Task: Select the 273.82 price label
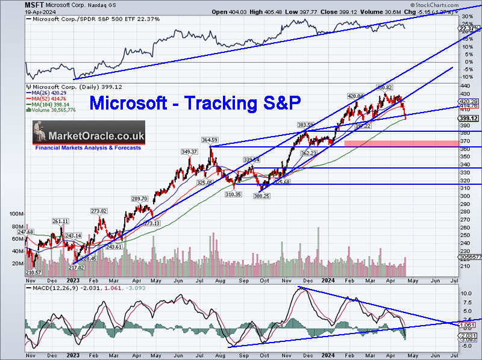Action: [x=99, y=211]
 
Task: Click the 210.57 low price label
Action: [x=34, y=272]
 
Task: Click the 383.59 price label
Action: [x=307, y=125]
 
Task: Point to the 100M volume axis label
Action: [x=17, y=214]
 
